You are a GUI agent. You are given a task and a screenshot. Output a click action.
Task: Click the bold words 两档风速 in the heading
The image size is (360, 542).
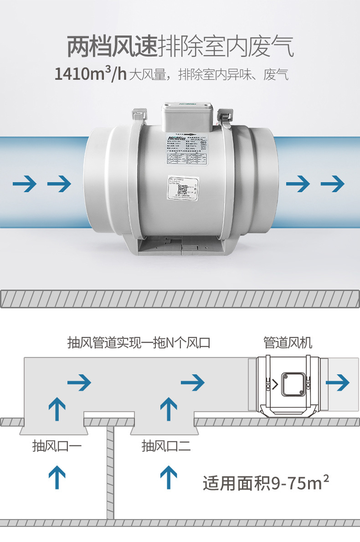112,47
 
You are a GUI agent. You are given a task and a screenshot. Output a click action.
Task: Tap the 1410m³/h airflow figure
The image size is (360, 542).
90,74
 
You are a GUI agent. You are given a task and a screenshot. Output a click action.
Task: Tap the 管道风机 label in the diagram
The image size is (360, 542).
288,343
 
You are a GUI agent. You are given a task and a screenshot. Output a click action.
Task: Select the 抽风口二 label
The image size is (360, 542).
166,445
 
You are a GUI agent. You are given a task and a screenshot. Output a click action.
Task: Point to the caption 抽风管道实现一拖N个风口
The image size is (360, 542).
139,343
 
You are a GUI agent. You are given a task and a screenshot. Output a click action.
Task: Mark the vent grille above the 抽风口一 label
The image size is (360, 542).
53,430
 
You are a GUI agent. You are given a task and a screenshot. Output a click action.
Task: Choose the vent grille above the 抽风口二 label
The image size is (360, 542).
164,430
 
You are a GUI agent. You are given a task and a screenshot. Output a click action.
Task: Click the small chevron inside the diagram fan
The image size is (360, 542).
274,383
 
